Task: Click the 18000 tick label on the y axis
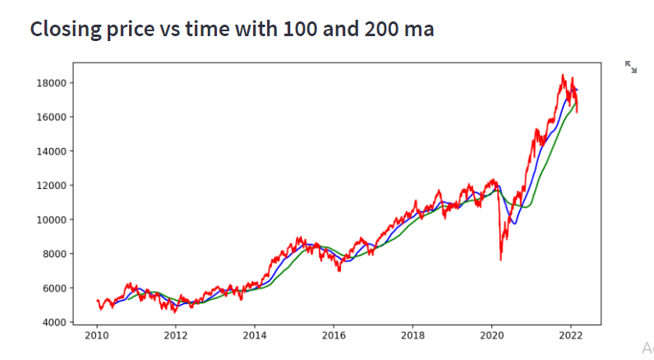tap(51, 83)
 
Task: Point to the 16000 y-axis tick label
tap(51, 118)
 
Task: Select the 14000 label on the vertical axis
tap(51, 151)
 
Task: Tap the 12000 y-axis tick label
tap(51, 186)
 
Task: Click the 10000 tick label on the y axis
tap(51, 219)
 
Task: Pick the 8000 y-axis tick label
tap(54, 254)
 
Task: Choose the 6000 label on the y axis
tap(54, 288)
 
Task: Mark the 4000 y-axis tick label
tap(54, 322)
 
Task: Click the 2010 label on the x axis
tap(97, 335)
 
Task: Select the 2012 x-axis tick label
tap(176, 335)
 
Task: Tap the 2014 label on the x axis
tap(255, 335)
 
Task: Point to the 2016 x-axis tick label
tap(334, 335)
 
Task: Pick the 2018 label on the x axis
tap(412, 335)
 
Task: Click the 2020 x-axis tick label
tap(492, 335)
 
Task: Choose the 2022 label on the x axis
tap(570, 335)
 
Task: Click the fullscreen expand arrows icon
tap(631, 67)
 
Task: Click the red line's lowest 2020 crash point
tap(501, 261)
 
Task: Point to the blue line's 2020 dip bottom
tap(515, 224)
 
